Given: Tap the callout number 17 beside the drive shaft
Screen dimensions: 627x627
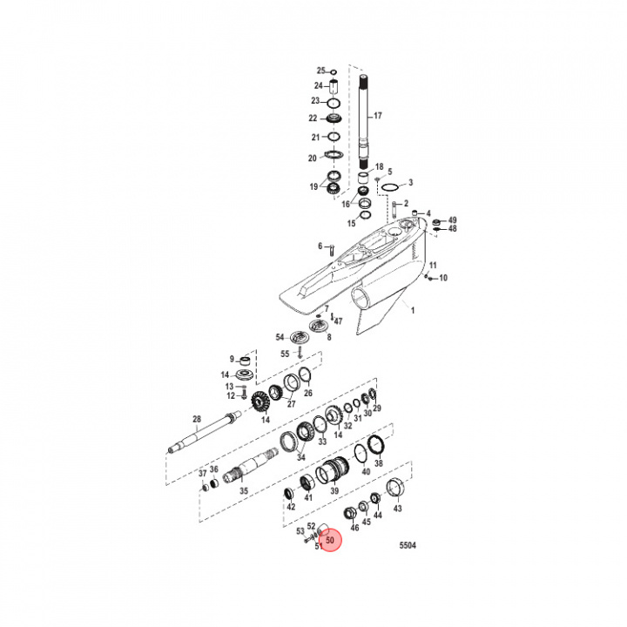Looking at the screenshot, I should coord(377,116).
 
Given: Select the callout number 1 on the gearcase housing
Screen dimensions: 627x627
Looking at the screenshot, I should coord(413,311).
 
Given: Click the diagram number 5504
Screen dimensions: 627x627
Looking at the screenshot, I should coord(408,545).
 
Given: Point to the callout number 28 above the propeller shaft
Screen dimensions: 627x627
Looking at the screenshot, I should coord(197,419).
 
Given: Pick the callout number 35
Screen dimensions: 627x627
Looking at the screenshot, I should coord(244,491).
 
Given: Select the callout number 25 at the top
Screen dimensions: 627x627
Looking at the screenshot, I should coord(320,71).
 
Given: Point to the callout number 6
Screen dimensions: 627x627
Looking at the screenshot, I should coord(320,246).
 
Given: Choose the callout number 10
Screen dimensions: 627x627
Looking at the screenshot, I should coord(442,278).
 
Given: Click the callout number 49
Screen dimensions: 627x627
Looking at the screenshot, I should coord(452,219).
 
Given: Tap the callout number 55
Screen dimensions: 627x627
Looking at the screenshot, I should coord(284,353).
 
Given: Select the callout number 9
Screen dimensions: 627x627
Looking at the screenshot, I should coord(233,359).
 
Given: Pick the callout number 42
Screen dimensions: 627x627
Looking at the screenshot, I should coord(291,507).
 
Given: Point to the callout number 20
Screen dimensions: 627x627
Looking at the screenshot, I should coord(313,158).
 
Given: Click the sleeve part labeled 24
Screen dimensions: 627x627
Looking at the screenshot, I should coord(333,86).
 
